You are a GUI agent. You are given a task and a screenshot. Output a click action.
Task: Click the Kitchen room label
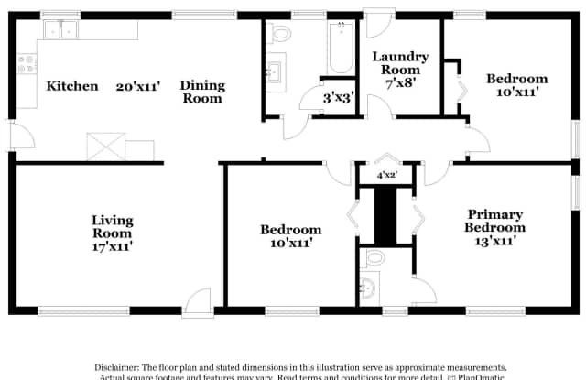click(x=72, y=86)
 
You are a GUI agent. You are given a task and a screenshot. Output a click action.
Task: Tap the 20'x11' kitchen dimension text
click(x=138, y=87)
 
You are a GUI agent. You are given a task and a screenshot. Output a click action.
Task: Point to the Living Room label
click(x=112, y=220)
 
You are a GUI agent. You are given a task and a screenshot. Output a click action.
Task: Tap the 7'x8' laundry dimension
click(x=396, y=81)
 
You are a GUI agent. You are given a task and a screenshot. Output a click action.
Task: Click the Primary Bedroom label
click(x=494, y=221)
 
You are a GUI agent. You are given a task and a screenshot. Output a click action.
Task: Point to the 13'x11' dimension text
click(x=494, y=241)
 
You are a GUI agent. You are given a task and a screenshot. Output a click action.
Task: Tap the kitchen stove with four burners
click(x=27, y=64)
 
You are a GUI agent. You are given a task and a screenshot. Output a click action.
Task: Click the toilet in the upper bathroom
click(x=278, y=34)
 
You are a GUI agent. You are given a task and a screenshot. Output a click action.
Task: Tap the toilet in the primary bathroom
click(x=370, y=286)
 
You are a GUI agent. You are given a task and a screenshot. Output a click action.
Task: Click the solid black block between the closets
click(x=386, y=216)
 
